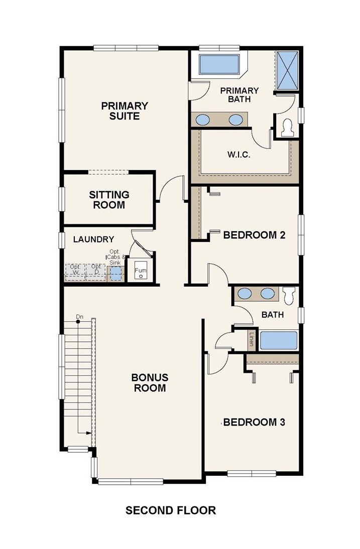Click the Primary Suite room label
(x=125, y=110)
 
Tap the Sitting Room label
(x=109, y=200)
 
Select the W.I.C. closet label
(x=239, y=155)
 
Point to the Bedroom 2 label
(x=254, y=234)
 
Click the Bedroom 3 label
(x=254, y=422)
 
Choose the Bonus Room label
(x=150, y=383)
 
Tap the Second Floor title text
(x=171, y=510)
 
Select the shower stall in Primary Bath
(x=288, y=70)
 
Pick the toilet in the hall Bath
(x=289, y=296)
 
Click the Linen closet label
(x=251, y=339)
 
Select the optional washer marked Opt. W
(x=75, y=272)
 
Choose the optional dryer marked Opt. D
(x=96, y=272)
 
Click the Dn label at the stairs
(x=79, y=317)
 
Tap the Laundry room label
(x=93, y=239)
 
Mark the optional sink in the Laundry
(x=115, y=273)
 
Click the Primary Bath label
(x=239, y=95)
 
